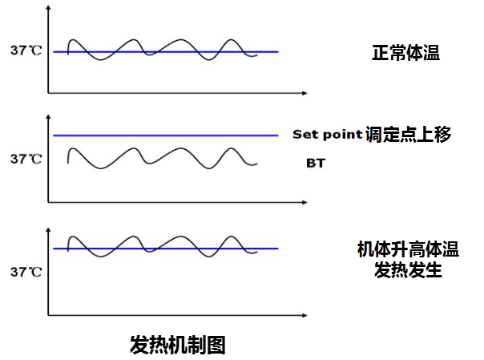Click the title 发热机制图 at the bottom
[x=177, y=346]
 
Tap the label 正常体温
[x=406, y=54]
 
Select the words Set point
[x=327, y=135]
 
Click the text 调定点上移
[x=408, y=135]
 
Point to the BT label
[x=316, y=163]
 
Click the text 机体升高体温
[x=408, y=249]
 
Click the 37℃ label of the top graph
[x=26, y=51]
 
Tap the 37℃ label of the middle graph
[x=26, y=159]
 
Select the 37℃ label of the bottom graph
[x=26, y=272]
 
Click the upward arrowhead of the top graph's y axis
[x=50, y=10]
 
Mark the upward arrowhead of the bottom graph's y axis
[x=50, y=231]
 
